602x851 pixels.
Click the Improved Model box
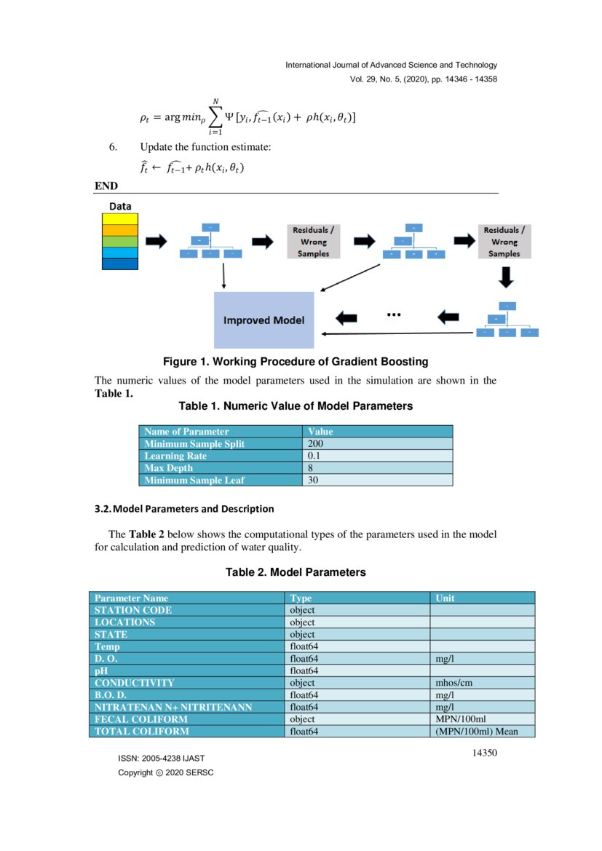pyautogui.click(x=264, y=320)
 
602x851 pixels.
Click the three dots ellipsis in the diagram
pyautogui.click(x=395, y=315)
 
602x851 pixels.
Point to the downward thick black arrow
pyautogui.click(x=504, y=277)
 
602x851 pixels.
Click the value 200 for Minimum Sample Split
pyautogui.click(x=316, y=443)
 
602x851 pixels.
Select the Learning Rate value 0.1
pyautogui.click(x=314, y=456)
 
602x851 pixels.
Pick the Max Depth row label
pyautogui.click(x=169, y=468)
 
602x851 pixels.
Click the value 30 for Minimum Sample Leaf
pyautogui.click(x=314, y=480)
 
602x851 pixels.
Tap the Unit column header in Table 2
pyautogui.click(x=445, y=598)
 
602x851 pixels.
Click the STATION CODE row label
pyautogui.click(x=133, y=610)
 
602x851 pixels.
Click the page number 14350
pyautogui.click(x=484, y=753)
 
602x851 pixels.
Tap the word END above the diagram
pyautogui.click(x=106, y=186)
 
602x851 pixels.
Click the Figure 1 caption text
pyautogui.click(x=295, y=362)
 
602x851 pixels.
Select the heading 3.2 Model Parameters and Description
pyautogui.click(x=184, y=508)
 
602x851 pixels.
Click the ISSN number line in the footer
pyautogui.click(x=161, y=759)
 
